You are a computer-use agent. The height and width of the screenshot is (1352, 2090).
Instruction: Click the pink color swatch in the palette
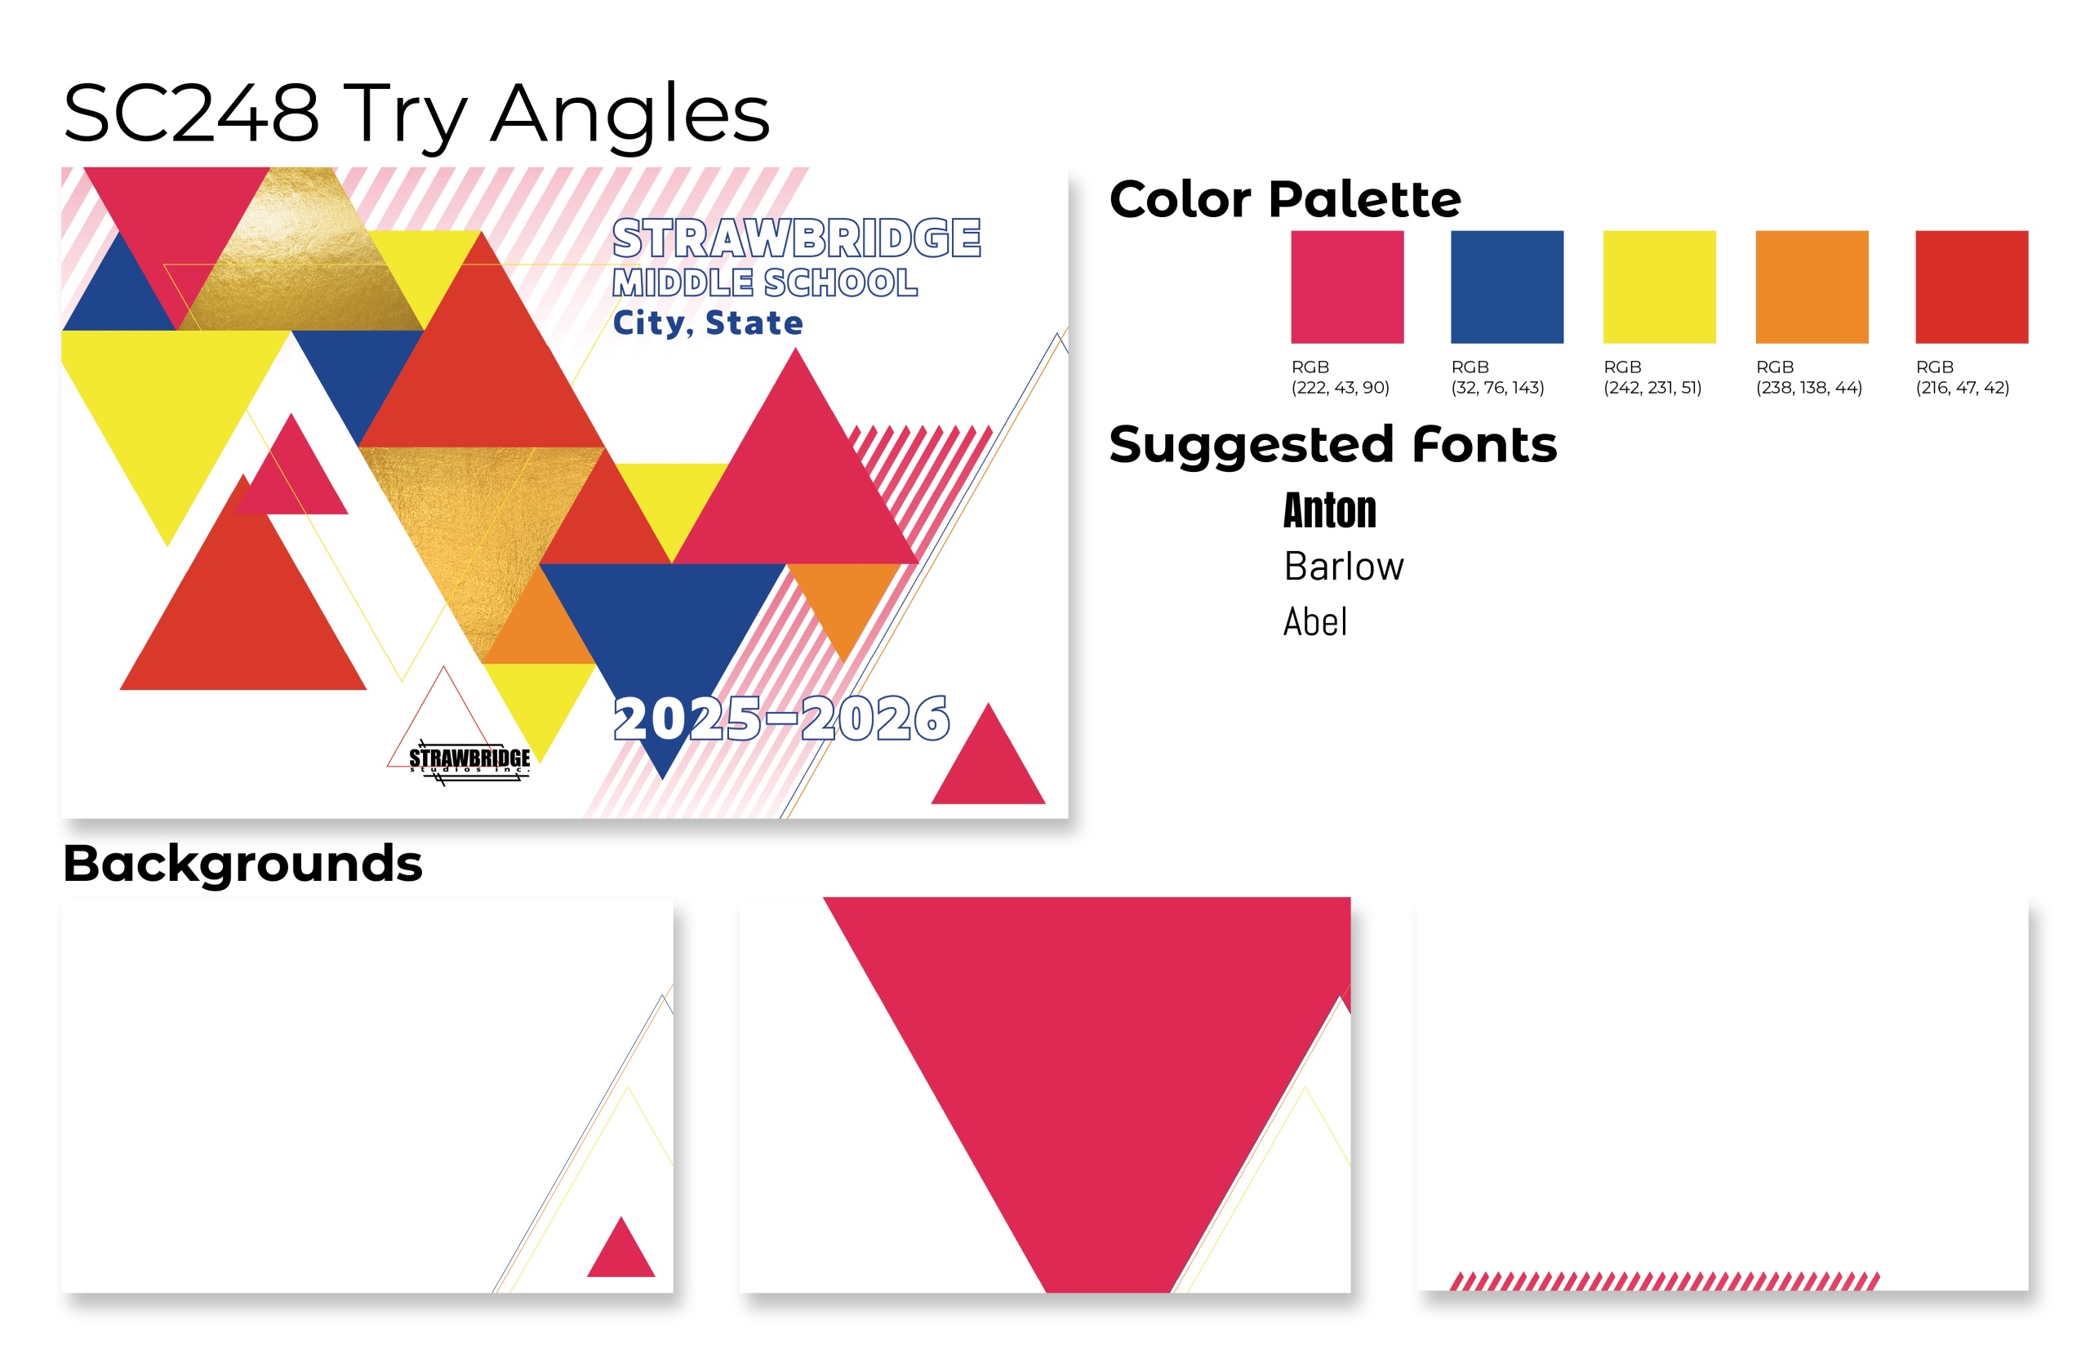coord(1346,287)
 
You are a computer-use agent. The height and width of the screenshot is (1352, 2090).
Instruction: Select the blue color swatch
coord(1506,287)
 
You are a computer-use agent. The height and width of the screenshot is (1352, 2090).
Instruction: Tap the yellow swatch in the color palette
coord(1659,287)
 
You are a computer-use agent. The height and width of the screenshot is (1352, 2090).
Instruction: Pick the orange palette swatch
coord(1812,287)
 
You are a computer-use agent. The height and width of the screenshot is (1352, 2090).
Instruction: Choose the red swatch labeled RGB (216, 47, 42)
coord(1972,287)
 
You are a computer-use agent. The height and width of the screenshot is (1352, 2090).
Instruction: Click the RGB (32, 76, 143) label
coord(1496,376)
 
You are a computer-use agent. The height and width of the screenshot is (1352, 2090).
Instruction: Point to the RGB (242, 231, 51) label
coord(1652,376)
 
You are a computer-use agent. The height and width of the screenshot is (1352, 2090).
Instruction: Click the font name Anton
coord(1329,510)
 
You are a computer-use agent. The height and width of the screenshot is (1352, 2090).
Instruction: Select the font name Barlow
coord(1343,567)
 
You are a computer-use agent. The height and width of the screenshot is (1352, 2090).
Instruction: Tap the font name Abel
coord(1314,621)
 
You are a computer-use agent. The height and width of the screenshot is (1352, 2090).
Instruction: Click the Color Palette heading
coord(1285,198)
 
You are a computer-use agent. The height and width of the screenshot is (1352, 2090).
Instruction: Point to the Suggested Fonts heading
coord(1332,444)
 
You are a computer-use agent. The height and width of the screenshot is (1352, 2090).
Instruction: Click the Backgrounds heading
coord(242,864)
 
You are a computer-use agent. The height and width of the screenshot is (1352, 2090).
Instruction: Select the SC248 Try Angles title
coord(416,113)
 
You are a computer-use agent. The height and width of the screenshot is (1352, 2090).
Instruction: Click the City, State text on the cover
coord(708,323)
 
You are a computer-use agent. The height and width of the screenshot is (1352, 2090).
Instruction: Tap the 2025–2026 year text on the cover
coord(780,719)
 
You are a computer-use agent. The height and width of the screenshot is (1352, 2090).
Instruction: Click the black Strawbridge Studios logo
coord(469,760)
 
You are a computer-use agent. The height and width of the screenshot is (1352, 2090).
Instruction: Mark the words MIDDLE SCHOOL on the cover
coord(764,282)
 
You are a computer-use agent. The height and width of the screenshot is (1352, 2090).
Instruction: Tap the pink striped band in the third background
coord(1665,1281)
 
